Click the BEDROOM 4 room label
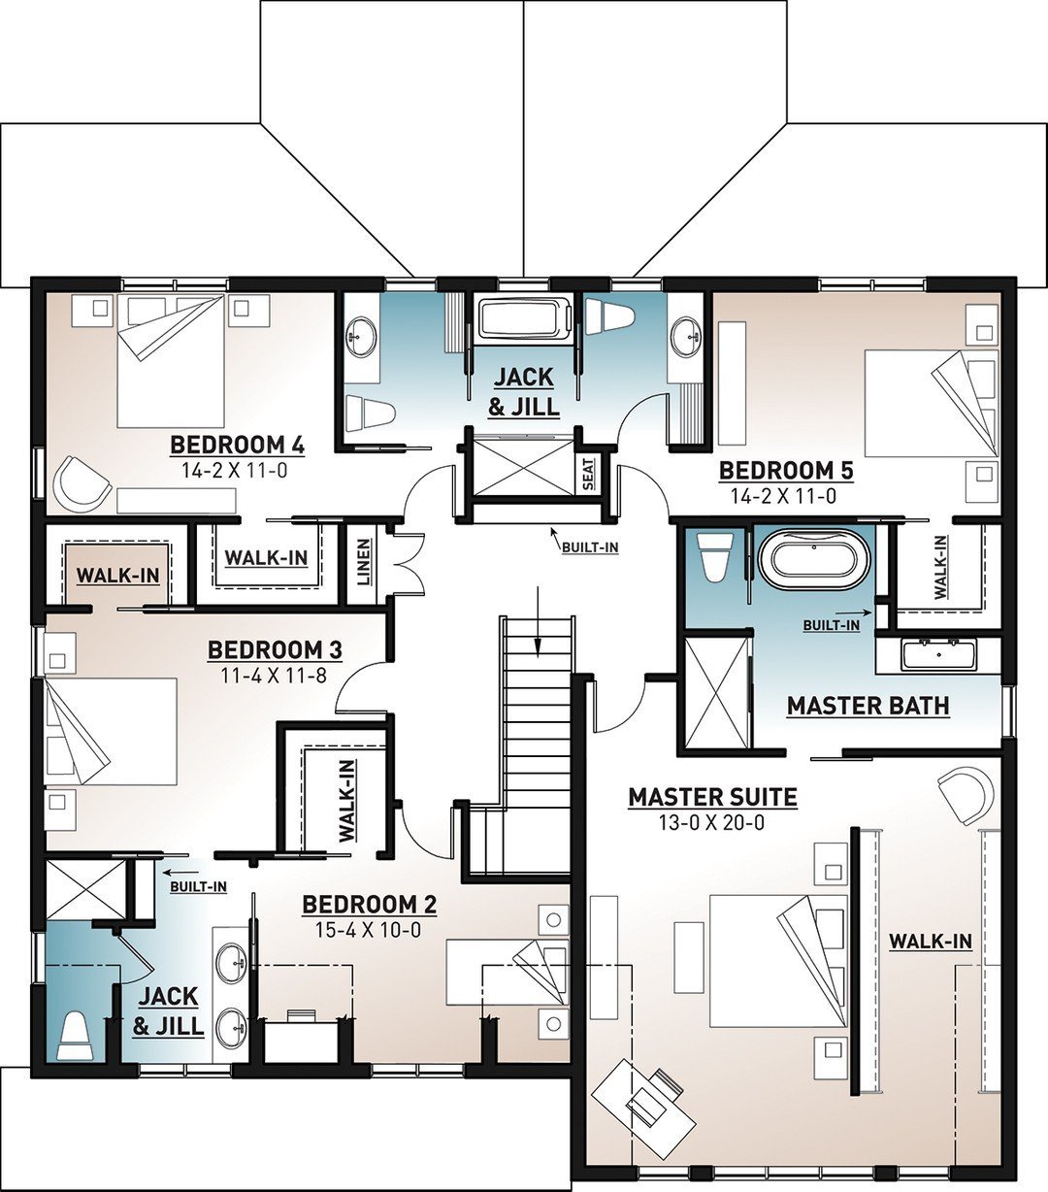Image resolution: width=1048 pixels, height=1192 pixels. coord(238,446)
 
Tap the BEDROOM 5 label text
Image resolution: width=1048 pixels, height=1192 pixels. coord(786,471)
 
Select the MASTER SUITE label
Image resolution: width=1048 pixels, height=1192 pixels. coord(712,798)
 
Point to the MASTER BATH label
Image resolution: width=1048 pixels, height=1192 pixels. coord(868,706)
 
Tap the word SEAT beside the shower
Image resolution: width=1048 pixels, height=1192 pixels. coord(588,475)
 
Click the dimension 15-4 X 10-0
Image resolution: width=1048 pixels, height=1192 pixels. coord(369,930)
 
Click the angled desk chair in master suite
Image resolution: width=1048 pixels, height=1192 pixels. coord(656,1094)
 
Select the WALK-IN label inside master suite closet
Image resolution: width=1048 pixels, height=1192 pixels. coord(931,941)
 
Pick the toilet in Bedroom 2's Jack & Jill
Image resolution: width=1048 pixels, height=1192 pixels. coord(76,1036)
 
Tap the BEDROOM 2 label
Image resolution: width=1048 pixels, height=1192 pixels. coord(369,905)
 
